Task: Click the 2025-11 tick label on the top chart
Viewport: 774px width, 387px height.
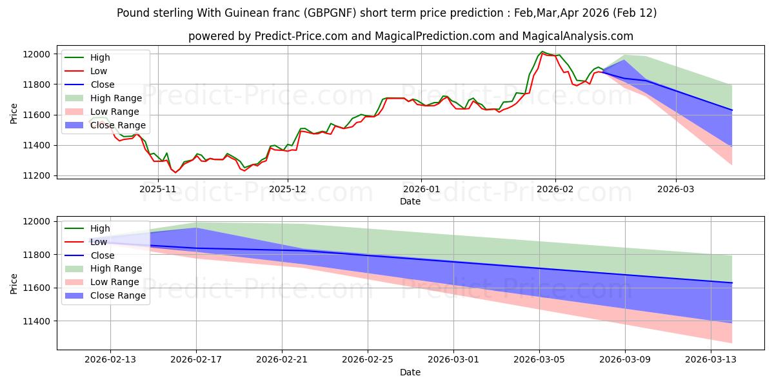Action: point(158,189)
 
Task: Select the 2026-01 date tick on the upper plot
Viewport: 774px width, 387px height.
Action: point(421,189)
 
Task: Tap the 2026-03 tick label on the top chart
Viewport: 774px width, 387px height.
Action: point(676,189)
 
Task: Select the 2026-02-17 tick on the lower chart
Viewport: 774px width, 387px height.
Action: point(196,360)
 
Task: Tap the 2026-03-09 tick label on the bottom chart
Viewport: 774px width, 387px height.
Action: point(625,360)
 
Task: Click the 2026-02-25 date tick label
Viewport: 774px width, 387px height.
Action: point(368,360)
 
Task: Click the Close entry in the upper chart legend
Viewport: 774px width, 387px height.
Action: point(103,84)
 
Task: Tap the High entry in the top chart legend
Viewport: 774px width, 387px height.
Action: point(101,57)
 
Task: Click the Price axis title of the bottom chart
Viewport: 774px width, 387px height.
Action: point(14,284)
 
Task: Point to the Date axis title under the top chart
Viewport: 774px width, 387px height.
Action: point(410,201)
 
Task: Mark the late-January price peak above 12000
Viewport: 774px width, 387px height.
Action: point(542,52)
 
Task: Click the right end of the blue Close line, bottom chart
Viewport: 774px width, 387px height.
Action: point(732,283)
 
